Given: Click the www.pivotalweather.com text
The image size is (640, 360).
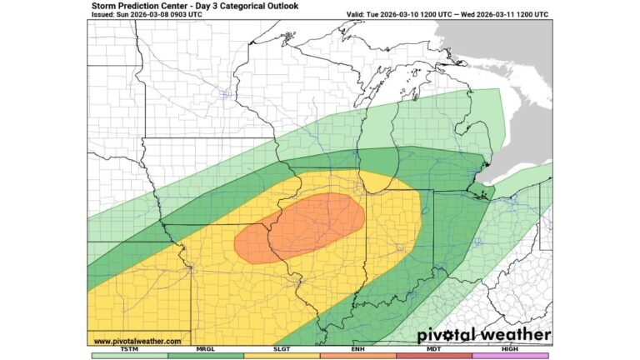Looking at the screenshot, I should pos(137,341).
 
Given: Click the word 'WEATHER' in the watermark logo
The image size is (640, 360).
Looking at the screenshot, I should pos(517,335).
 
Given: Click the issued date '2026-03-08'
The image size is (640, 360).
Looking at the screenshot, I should pos(154,15).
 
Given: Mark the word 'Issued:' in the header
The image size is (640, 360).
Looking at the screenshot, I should pos(104,15).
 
